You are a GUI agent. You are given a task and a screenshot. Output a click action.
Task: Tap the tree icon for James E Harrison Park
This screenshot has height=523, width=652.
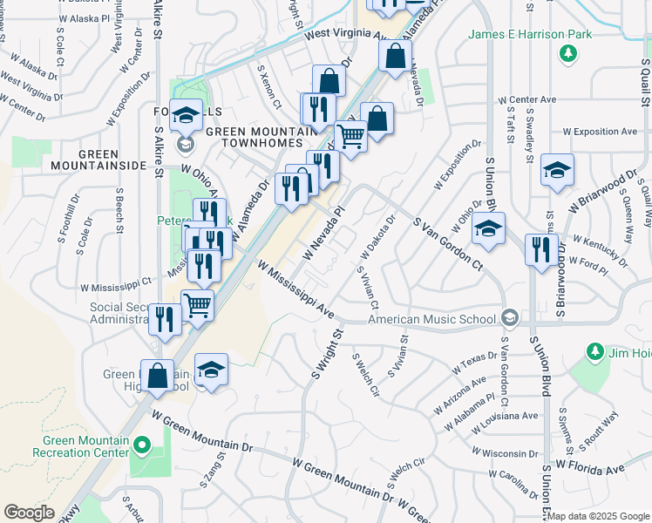(x=568, y=55)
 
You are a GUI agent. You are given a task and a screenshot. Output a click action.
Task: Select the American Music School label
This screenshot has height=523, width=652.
(x=431, y=320)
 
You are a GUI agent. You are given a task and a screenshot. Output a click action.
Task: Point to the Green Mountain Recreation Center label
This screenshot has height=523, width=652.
(x=80, y=446)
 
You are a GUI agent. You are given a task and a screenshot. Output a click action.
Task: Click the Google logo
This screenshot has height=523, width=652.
(x=29, y=513)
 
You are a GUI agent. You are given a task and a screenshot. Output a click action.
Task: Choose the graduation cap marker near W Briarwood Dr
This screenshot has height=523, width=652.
(x=557, y=171)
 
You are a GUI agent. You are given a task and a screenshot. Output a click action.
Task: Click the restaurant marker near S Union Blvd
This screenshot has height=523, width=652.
(x=541, y=250)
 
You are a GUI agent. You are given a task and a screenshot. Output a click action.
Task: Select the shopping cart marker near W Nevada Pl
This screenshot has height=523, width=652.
(x=350, y=136)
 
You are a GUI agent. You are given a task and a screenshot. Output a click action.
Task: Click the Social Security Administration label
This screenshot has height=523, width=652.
(x=119, y=313)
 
